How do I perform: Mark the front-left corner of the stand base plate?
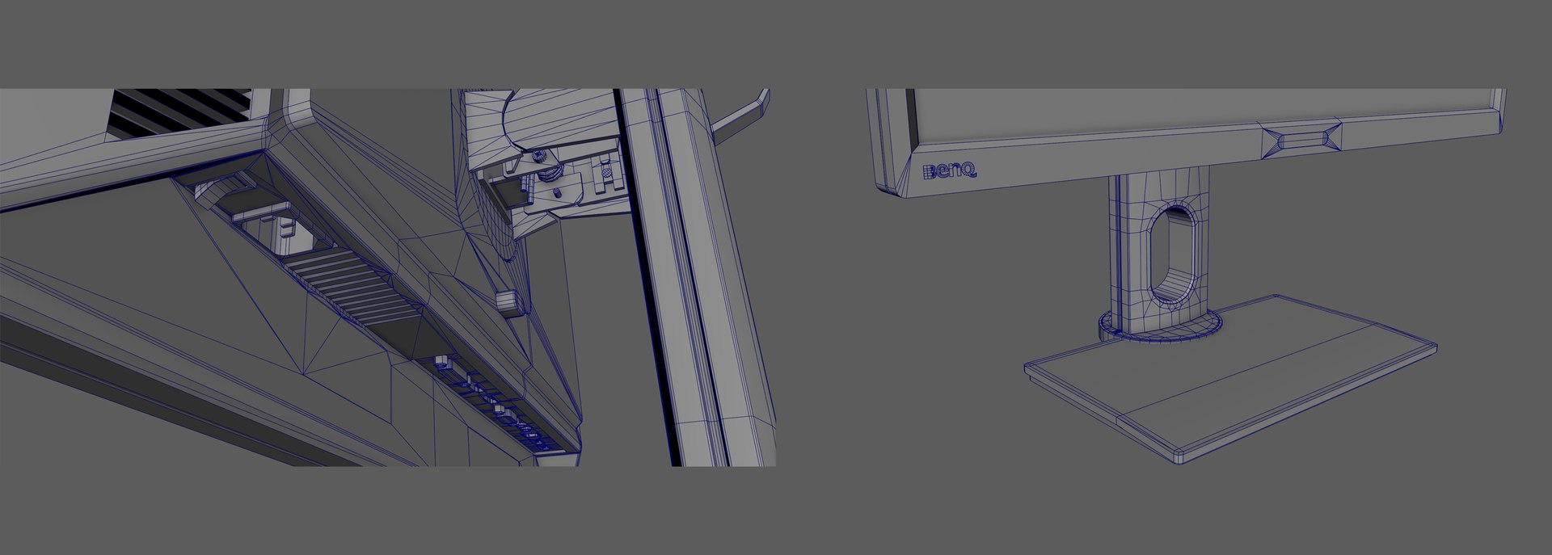[1027, 368]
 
